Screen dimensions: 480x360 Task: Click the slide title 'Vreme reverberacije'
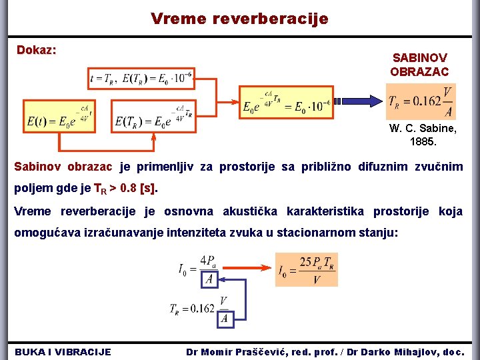click(x=239, y=19)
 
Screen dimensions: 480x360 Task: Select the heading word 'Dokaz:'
click(x=36, y=50)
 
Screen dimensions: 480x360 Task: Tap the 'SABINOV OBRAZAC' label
click(x=419, y=65)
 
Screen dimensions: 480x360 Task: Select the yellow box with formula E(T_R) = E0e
click(x=154, y=116)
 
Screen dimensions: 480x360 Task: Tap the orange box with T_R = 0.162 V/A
click(x=421, y=101)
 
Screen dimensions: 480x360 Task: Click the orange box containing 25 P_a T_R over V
click(x=306, y=269)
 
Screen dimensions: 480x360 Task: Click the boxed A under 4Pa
click(x=209, y=279)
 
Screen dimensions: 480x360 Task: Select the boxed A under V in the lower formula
click(x=224, y=319)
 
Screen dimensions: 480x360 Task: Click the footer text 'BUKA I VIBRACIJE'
click(x=63, y=351)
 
